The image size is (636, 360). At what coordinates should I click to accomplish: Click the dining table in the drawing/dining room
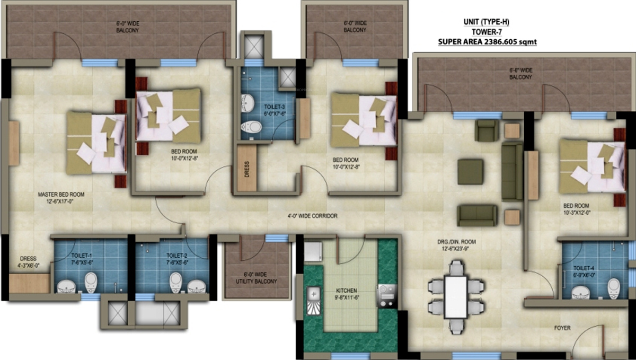pos(455,297)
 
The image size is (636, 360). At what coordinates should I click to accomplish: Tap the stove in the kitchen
pos(386,295)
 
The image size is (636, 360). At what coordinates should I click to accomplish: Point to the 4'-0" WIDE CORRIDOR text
pos(313,216)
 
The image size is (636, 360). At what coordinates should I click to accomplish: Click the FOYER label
pos(563,328)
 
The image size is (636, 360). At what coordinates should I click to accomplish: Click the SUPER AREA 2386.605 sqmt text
pos(487,41)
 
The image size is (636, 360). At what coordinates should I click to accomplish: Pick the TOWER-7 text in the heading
pos(487,32)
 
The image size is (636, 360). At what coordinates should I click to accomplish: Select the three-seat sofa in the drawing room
pos(512,171)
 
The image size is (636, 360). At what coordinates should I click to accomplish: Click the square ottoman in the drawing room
pos(470,171)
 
